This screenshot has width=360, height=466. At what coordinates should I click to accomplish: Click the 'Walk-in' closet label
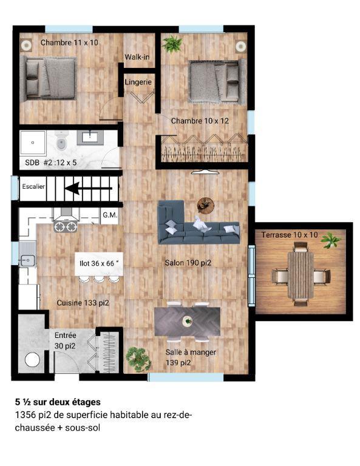[137, 57]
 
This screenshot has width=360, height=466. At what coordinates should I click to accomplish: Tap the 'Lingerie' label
[138, 82]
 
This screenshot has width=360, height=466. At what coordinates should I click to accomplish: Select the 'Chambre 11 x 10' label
[69, 42]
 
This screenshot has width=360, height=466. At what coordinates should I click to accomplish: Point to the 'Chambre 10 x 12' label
[200, 121]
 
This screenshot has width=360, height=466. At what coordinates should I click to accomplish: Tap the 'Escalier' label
[33, 186]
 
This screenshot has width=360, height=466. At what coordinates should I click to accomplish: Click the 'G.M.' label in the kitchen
[110, 215]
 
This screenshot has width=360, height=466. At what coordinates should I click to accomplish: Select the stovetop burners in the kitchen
[66, 227]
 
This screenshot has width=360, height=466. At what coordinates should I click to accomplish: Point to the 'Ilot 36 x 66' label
[100, 264]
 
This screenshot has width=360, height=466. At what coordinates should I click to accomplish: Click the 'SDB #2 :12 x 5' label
[52, 163]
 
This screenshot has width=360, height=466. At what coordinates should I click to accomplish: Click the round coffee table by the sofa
[205, 204]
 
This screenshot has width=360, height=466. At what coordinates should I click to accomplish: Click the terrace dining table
[301, 274]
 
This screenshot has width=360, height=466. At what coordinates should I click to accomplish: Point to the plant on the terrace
[331, 241]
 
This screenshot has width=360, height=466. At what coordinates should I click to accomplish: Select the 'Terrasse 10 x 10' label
[290, 234]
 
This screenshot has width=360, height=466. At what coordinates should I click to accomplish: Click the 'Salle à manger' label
[191, 352]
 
